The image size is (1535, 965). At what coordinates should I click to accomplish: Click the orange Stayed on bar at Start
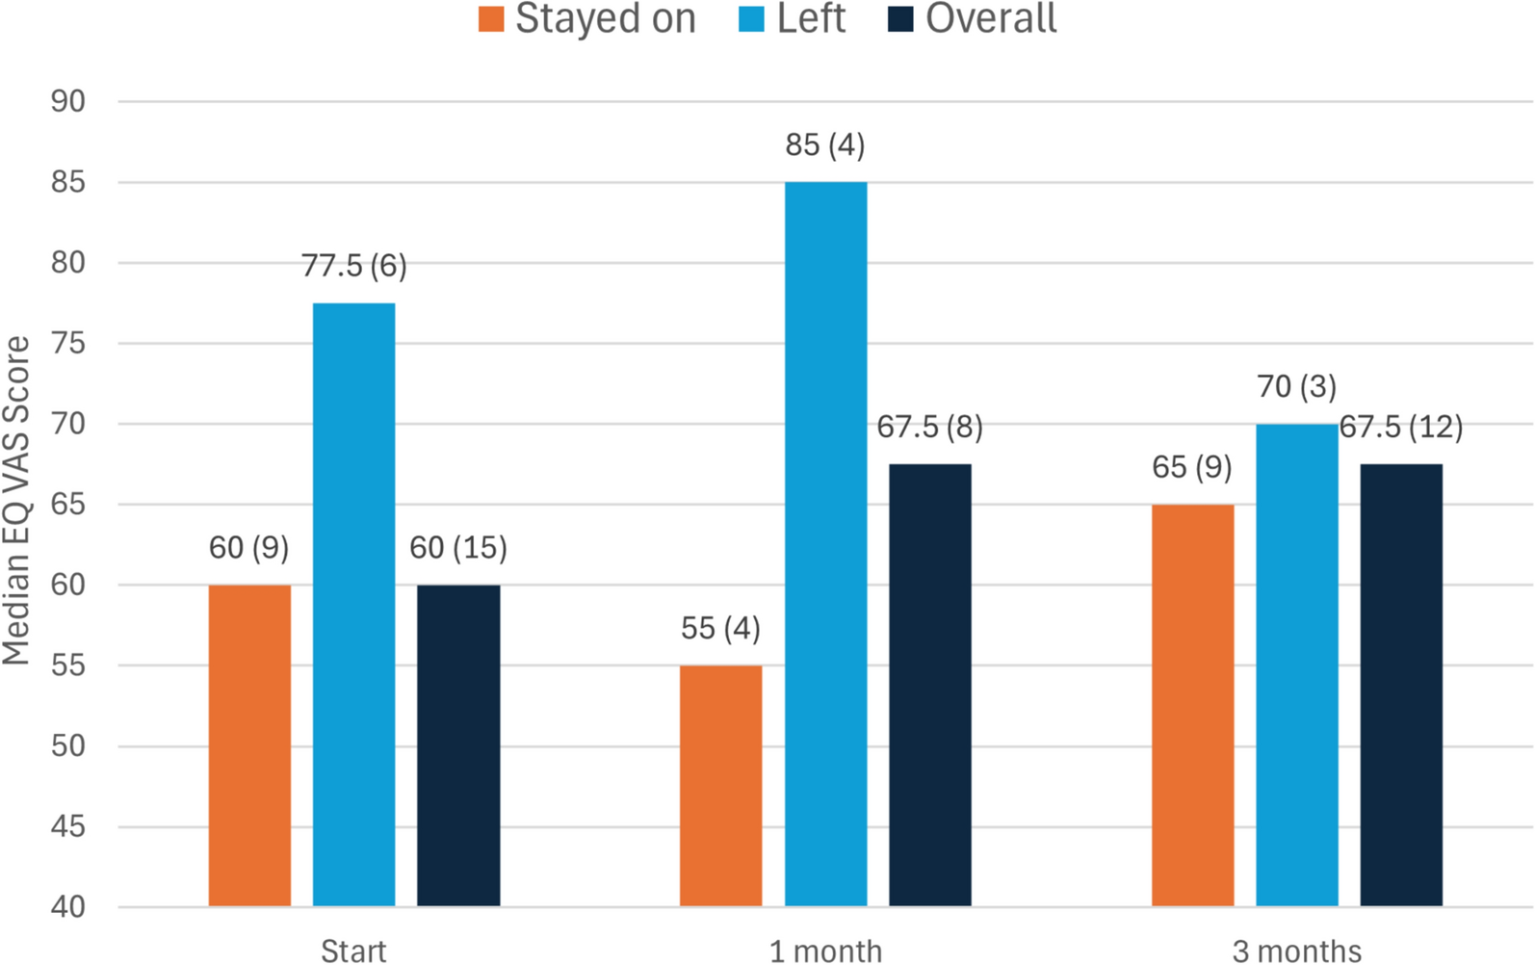pos(249,745)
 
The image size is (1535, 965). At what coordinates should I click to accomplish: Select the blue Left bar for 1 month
pos(825,544)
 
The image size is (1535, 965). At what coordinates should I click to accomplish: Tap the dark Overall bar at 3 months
pos(1401,685)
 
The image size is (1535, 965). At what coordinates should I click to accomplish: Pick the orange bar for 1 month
pos(720,786)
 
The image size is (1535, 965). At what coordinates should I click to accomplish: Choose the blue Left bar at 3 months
pos(1296,665)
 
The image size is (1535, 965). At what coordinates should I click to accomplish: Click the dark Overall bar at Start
pos(458,745)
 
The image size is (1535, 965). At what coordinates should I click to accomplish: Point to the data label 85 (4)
pos(825,145)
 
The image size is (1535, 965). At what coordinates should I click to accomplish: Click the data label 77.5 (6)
pos(354,266)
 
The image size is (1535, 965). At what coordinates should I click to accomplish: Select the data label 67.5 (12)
pos(1401,427)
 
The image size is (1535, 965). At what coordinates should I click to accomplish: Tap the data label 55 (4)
pos(720,629)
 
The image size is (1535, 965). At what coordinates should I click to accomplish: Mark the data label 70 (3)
pos(1296,387)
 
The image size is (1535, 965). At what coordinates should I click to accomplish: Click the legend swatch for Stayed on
pos(491,19)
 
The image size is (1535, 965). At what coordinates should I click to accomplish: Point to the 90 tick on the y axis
pos(68,101)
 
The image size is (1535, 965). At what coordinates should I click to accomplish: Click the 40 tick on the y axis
pos(68,907)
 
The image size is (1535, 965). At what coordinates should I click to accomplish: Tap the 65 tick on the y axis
pos(68,505)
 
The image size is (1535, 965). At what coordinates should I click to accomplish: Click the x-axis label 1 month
pos(825,952)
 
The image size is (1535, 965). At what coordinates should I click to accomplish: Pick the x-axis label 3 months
pos(1296,952)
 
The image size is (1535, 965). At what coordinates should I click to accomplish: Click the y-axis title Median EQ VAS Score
pos(17,501)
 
